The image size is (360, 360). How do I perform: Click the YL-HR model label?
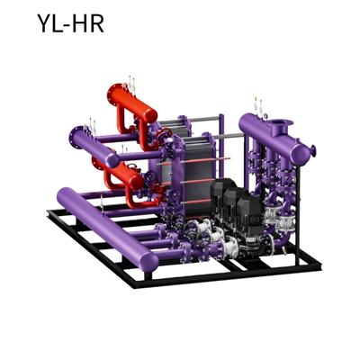click(x=70, y=23)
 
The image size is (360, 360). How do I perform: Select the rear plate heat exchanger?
click(x=184, y=135)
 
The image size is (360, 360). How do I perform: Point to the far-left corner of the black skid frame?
click(x=49, y=212)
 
